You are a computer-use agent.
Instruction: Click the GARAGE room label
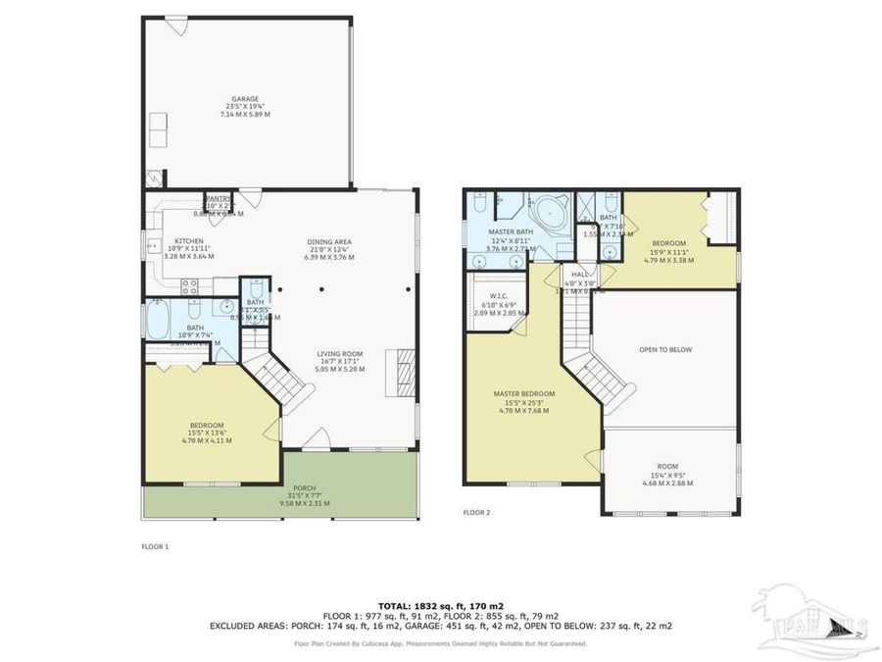[x=245, y=99]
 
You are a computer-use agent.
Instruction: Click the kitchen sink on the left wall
[x=151, y=245]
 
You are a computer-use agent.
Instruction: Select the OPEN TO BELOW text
[x=665, y=349]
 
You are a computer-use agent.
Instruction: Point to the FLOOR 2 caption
[x=476, y=512]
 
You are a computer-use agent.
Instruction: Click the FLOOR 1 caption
[x=156, y=546]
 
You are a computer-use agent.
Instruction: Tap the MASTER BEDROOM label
[x=523, y=393]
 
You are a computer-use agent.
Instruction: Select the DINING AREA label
[x=328, y=242]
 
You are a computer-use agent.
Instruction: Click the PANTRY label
[x=218, y=198]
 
